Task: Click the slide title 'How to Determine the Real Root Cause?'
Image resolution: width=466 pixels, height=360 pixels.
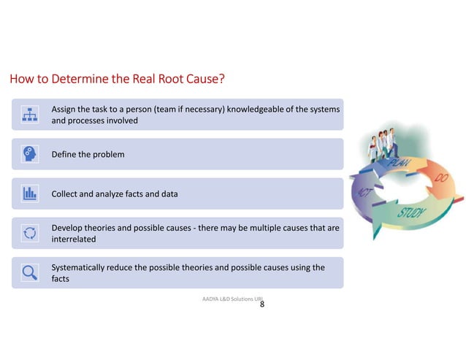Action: pos(120,77)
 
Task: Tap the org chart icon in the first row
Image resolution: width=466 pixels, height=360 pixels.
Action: pos(30,115)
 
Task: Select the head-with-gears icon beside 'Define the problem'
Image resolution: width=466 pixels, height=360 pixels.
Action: pos(30,154)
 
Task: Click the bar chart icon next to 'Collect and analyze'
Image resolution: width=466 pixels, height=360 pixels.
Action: pos(30,194)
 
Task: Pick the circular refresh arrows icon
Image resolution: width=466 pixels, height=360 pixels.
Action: pos(30,233)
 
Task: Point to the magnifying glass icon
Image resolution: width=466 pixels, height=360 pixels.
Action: pos(30,272)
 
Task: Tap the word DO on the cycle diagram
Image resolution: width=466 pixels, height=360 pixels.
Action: pos(441,177)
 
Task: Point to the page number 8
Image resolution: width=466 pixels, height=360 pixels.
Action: pos(262,305)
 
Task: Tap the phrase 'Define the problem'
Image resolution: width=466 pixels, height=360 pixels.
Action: pos(88,155)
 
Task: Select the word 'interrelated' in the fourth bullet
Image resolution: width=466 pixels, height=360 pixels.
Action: pos(74,239)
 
